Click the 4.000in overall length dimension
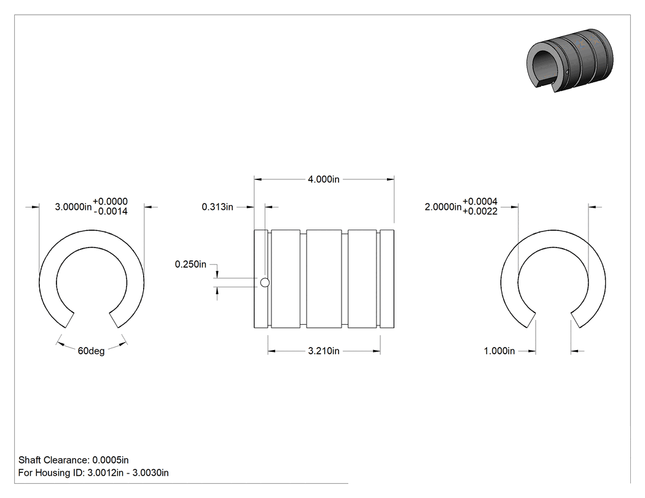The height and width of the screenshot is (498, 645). tap(324, 179)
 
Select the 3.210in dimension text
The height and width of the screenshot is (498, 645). tap(324, 351)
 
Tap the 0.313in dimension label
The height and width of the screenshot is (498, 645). tap(217, 207)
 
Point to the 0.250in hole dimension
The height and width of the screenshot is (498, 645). tap(190, 264)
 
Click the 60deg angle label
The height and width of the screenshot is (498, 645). tap(92, 351)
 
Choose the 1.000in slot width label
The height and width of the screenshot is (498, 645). tap(499, 351)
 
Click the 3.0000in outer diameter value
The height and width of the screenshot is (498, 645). tap(73, 207)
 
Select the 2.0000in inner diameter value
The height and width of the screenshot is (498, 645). tap(443, 207)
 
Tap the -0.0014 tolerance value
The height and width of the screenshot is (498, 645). tap(110, 212)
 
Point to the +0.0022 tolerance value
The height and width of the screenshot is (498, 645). tap(480, 212)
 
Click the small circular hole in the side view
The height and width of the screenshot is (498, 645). tap(265, 282)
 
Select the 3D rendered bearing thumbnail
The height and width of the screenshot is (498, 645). tap(570, 60)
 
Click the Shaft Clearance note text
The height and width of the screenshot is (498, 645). tap(74, 460)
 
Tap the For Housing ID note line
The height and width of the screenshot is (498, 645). tap(93, 472)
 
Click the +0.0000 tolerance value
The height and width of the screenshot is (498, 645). tap(110, 201)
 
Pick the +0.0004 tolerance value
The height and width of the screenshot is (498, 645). tap(480, 201)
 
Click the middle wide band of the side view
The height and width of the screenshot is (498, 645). tap(324, 279)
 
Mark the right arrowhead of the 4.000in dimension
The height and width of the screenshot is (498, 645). tap(390, 179)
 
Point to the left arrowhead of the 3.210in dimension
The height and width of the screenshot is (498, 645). tap(272, 351)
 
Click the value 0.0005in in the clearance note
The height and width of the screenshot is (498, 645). tap(110, 460)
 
